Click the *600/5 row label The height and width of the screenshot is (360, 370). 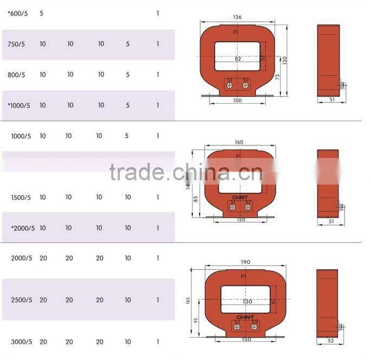click(x=17, y=12)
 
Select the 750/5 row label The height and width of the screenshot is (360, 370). click(x=16, y=44)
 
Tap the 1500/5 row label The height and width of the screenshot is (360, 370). click(x=22, y=198)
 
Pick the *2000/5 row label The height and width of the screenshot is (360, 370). click(x=23, y=229)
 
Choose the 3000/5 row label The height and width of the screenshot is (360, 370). click(x=22, y=342)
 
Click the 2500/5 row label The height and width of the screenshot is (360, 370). click(x=22, y=300)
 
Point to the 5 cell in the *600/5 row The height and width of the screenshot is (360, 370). click(x=42, y=12)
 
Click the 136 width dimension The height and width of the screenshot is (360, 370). click(x=237, y=17)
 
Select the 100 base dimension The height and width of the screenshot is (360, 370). click(x=237, y=100)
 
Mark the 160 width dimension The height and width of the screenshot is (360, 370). click(x=239, y=143)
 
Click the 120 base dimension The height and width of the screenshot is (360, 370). click(x=240, y=220)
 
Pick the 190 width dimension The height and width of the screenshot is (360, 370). click(x=245, y=262)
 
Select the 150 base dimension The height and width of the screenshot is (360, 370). click(x=246, y=339)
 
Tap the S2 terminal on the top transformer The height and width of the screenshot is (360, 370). click(x=246, y=80)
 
